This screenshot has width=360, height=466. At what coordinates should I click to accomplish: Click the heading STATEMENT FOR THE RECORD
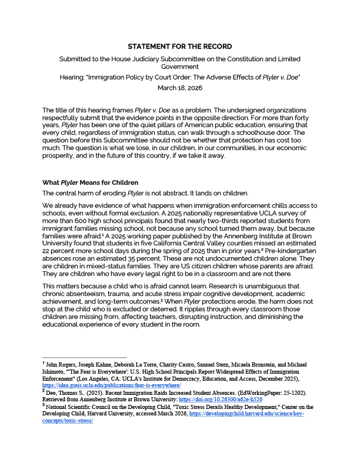[x=180, y=46]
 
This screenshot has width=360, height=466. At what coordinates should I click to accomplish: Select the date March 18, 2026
[x=179, y=87]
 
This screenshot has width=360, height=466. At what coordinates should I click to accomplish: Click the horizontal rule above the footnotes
[x=85, y=357]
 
